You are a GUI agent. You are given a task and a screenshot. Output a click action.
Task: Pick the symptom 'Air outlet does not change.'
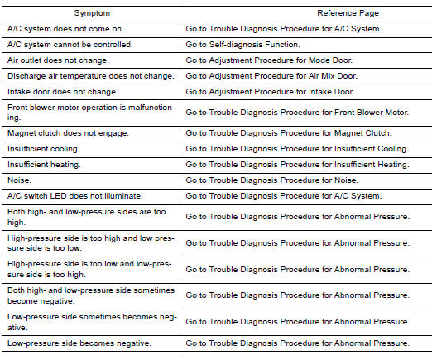[x=57, y=60]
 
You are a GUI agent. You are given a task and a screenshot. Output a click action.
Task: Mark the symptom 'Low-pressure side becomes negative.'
[x=77, y=343]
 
